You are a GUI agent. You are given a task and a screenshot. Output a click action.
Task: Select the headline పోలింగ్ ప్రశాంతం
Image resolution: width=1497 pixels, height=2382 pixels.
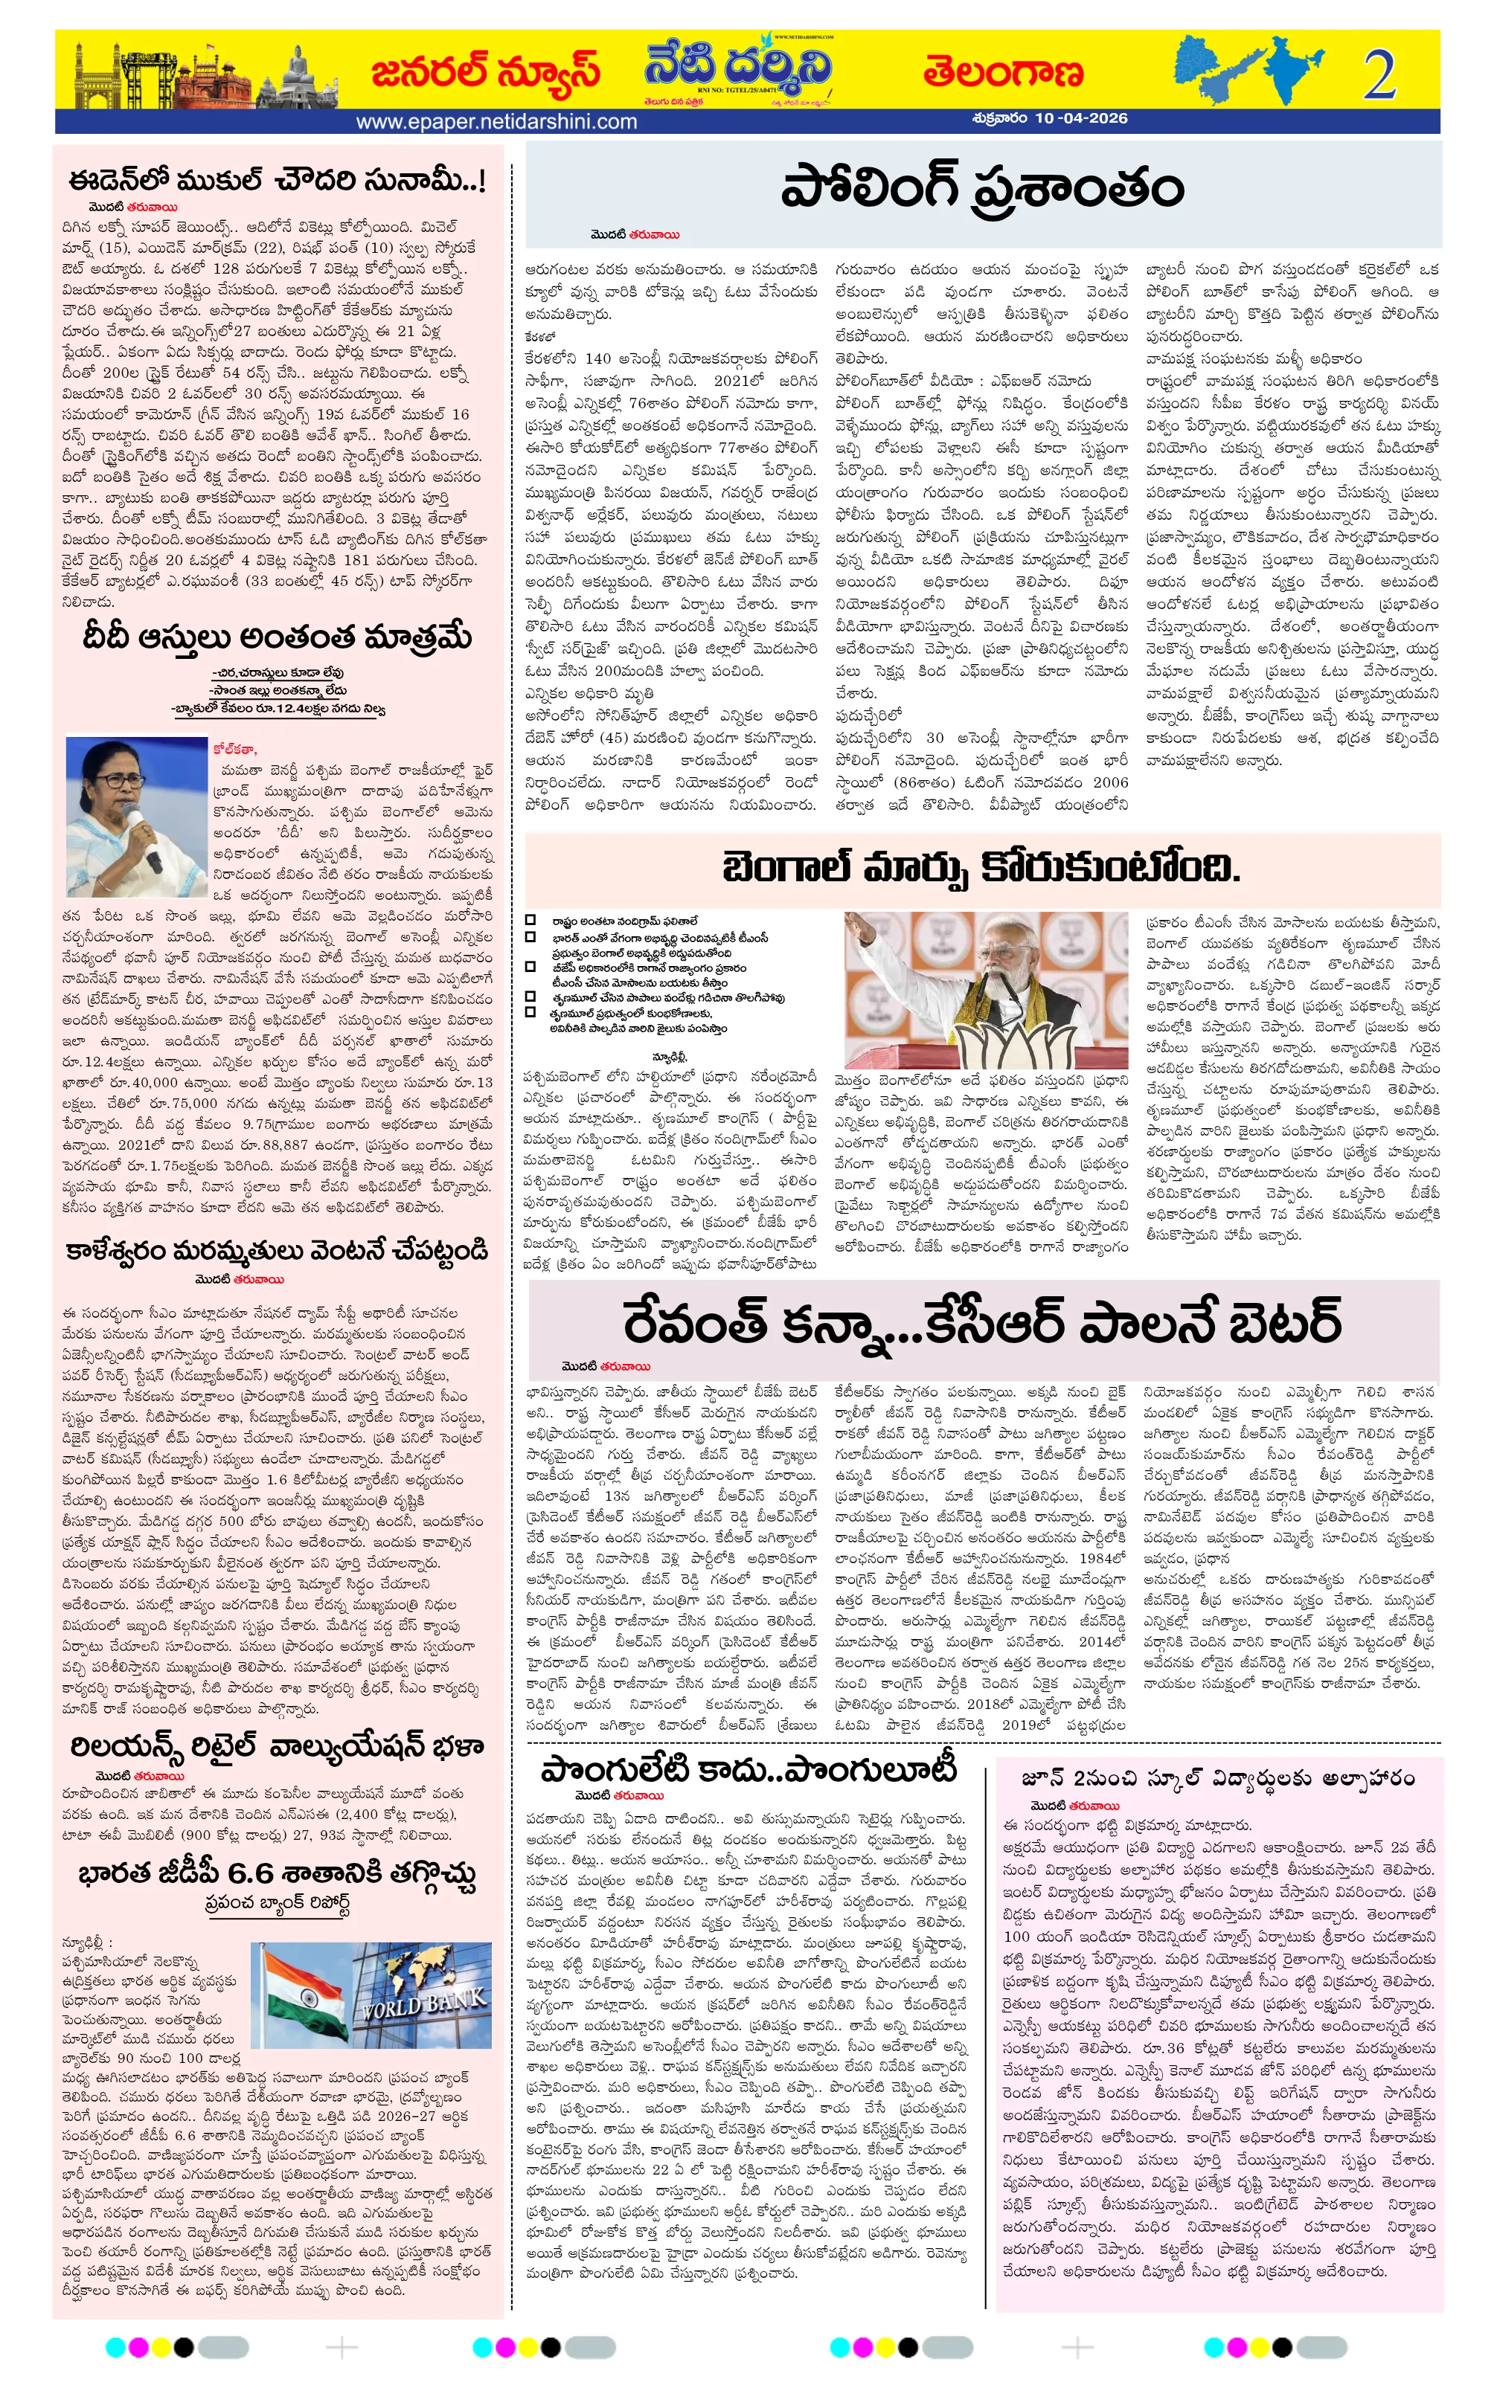(981, 189)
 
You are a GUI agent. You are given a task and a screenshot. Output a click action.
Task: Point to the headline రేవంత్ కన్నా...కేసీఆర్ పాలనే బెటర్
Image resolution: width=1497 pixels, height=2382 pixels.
(981, 1322)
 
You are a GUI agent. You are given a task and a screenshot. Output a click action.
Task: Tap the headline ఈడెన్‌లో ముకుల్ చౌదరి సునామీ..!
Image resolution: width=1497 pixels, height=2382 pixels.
(277, 181)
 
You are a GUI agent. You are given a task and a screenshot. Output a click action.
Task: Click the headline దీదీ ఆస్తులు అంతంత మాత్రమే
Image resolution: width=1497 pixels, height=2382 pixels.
(277, 638)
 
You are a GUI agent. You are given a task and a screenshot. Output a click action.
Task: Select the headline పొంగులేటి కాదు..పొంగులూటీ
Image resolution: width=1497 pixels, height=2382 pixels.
(749, 1770)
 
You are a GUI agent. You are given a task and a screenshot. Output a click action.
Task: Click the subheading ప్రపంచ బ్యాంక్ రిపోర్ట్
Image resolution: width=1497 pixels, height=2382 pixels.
(277, 1902)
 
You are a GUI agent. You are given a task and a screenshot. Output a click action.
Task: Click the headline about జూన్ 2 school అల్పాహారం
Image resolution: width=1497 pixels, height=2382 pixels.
(1218, 1777)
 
